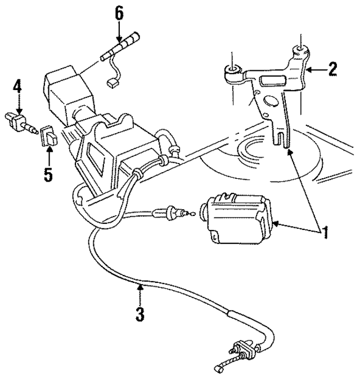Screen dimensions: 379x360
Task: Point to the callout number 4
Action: point(18,87)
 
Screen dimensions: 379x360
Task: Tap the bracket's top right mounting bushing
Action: point(301,55)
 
